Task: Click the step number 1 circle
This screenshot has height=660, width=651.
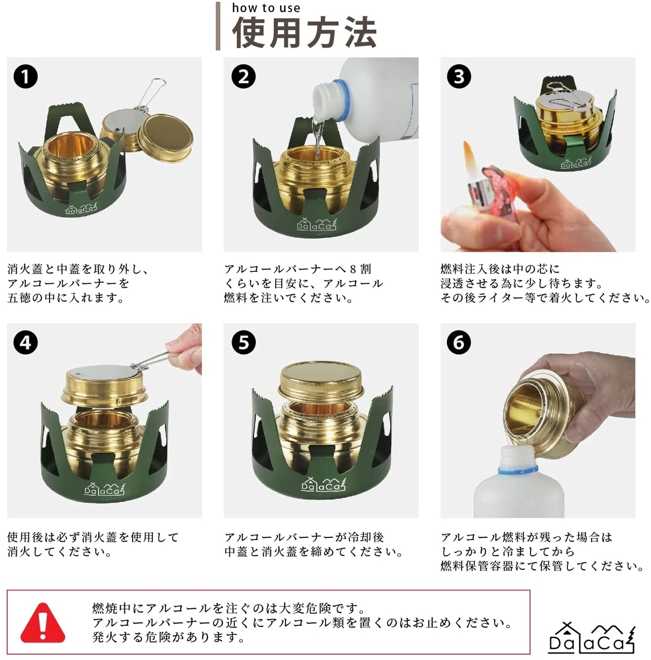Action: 25,76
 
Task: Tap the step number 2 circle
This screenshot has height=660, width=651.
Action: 243,76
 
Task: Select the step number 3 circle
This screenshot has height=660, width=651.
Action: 459,76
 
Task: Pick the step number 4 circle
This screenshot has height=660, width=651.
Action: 25,342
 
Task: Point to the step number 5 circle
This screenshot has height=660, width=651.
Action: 243,342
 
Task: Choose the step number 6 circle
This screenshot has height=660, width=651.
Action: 459,342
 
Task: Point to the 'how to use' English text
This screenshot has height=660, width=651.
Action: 266,8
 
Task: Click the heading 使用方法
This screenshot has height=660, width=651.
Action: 304,33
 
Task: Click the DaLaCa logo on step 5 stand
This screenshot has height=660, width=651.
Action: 324,484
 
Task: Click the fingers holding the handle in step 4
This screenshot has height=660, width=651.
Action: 185,347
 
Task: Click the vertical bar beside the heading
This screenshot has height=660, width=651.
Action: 218,26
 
